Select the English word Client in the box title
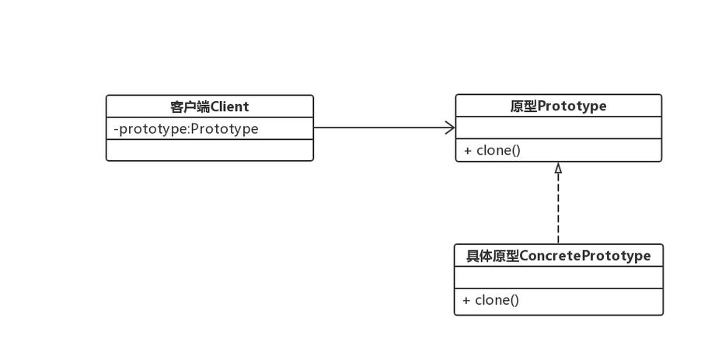[229, 107]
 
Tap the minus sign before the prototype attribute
[116, 129]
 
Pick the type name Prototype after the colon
[225, 129]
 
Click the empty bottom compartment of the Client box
[209, 150]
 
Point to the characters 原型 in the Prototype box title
[523, 106]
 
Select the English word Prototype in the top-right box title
[571, 106]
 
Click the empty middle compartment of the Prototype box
[558, 128]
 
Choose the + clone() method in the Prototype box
[492, 150]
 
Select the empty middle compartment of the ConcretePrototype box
[558, 278]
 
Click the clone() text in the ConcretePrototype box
[497, 300]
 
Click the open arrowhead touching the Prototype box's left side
[450, 128]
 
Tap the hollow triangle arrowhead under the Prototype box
[558, 167]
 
